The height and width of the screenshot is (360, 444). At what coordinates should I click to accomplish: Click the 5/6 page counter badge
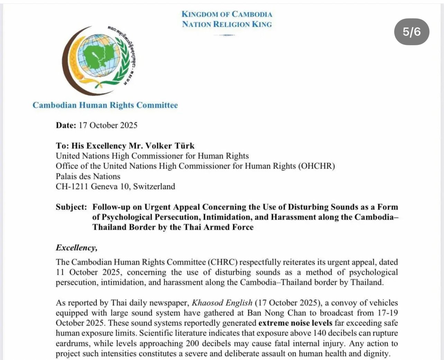pos(412,32)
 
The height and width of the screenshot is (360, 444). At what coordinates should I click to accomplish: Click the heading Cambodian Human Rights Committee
pos(105,105)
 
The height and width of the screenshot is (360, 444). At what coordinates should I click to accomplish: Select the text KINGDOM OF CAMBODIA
pos(227,14)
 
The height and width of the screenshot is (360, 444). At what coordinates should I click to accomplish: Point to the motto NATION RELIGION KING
pos(227,24)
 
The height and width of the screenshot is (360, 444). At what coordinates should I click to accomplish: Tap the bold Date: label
pos(66,125)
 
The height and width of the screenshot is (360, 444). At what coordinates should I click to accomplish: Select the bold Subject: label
pos(72,207)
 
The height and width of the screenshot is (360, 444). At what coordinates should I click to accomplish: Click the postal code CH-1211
pos(72,187)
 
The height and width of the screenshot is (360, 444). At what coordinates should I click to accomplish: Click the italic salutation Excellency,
pos(76,248)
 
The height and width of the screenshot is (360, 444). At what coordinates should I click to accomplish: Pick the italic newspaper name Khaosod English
pos(222,303)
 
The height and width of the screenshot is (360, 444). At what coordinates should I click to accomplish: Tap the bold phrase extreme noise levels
pos(295,323)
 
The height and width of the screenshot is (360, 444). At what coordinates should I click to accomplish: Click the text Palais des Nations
pos(88,176)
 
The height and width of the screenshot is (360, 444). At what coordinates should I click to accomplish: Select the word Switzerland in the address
pos(154,187)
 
